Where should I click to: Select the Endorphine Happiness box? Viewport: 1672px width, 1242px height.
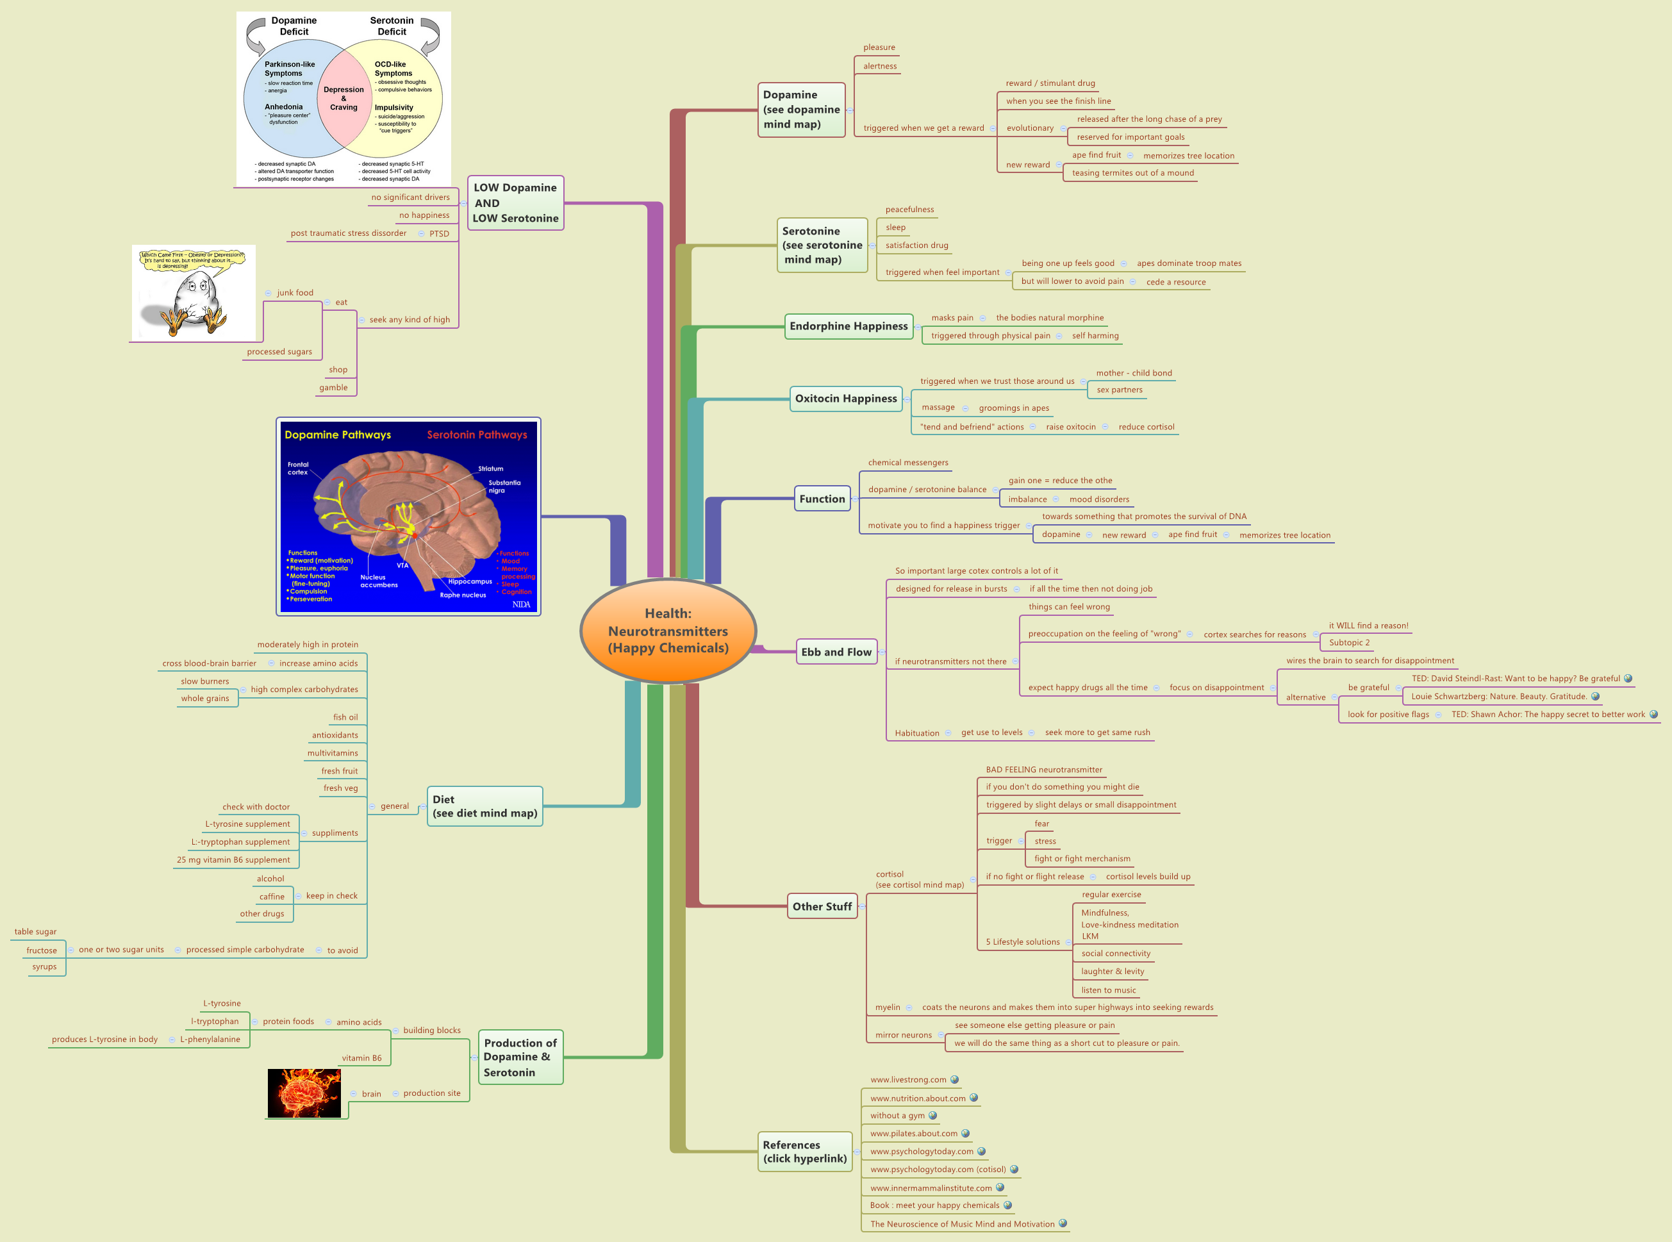(x=848, y=326)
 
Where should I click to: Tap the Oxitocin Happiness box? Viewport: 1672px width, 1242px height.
(x=845, y=399)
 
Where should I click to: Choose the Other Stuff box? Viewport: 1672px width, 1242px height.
(x=822, y=907)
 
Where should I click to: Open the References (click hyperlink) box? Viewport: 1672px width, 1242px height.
(x=804, y=1152)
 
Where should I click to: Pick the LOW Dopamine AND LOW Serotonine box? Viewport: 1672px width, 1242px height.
(x=515, y=203)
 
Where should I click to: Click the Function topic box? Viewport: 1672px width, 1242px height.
(x=822, y=499)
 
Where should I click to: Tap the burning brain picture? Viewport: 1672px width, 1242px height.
(x=304, y=1093)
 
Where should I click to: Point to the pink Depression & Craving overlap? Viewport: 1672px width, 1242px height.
(x=343, y=99)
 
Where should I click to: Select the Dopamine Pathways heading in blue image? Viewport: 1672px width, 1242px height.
(x=338, y=435)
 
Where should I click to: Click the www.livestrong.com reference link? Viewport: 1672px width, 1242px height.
(x=907, y=1080)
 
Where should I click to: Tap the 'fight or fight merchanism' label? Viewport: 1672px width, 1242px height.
(x=1081, y=859)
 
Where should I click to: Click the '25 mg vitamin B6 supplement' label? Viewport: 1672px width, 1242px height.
(x=233, y=860)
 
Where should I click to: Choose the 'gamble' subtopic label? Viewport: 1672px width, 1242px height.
(x=333, y=388)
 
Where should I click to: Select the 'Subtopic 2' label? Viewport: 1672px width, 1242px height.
(x=1349, y=643)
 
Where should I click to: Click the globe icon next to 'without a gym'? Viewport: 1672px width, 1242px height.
(x=933, y=1116)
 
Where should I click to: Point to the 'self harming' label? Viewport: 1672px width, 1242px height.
(x=1095, y=336)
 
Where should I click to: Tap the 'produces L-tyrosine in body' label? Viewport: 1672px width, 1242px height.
(x=104, y=1039)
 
